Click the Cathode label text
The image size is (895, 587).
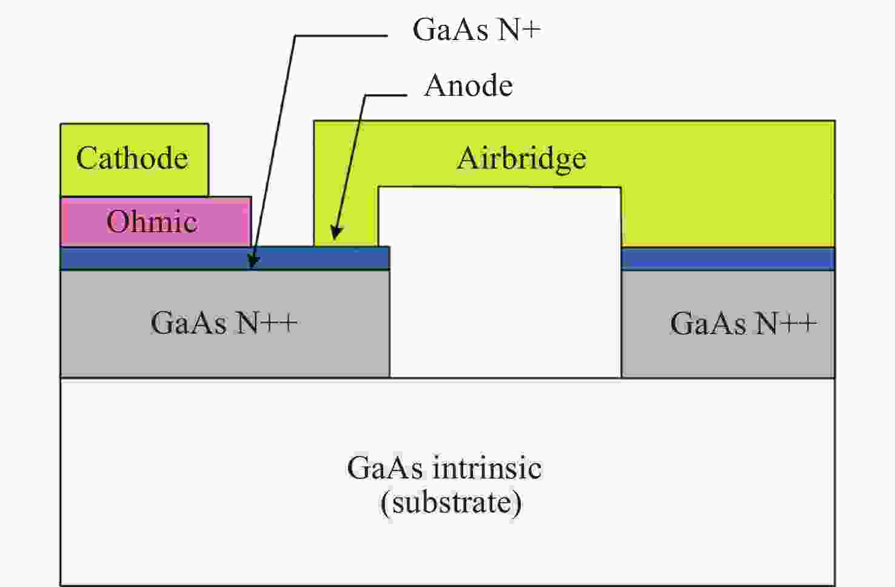(x=132, y=158)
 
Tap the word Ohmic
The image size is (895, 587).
(x=152, y=221)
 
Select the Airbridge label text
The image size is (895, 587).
(x=521, y=158)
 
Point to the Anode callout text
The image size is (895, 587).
(x=469, y=86)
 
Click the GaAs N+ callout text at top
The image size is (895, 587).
(x=476, y=29)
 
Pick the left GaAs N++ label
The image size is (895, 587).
(x=224, y=323)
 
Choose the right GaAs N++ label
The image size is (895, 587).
(x=743, y=323)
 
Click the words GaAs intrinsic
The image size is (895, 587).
(x=444, y=468)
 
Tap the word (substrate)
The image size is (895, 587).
(x=451, y=503)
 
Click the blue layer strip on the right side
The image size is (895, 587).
(x=728, y=259)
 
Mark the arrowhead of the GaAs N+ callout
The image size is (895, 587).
(x=254, y=263)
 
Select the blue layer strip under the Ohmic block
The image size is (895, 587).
(x=152, y=258)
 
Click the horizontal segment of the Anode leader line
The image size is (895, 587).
(x=386, y=95)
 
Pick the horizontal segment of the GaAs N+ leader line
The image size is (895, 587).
(x=340, y=36)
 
